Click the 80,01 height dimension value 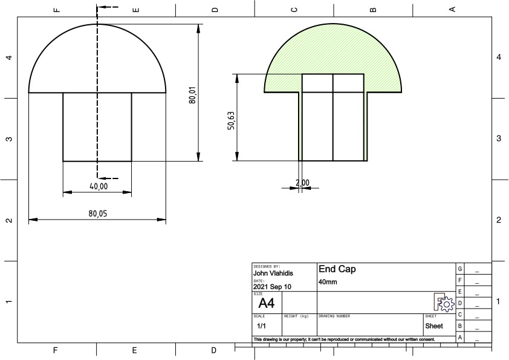coord(192,95)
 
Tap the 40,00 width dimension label coord(99,187)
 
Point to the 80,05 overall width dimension coord(97,213)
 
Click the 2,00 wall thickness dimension coord(302,183)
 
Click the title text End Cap coord(337,269)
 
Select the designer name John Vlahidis coord(273,273)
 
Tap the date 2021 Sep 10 coord(272,287)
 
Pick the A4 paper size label coord(267,303)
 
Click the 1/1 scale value coord(261,326)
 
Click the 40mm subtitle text coord(327,282)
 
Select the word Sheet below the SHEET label coord(434,326)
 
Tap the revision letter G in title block coord(461,269)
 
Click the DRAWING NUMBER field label coord(334,316)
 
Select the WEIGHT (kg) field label coord(296,316)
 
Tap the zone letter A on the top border coord(452,8)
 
